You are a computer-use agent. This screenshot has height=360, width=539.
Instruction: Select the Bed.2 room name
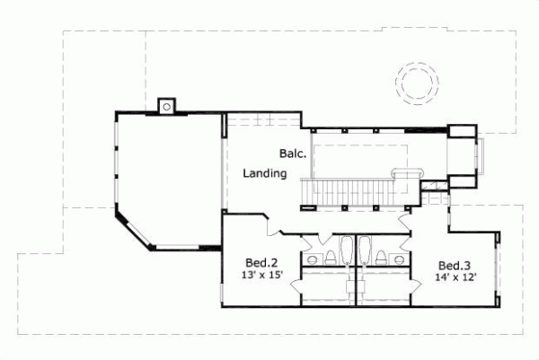261,263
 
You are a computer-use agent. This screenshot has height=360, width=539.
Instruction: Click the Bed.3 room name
454,266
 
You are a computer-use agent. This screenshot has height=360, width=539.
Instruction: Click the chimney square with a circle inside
165,106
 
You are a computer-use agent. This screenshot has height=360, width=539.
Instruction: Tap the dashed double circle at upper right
418,83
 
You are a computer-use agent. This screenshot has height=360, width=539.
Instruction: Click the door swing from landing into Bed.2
267,224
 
